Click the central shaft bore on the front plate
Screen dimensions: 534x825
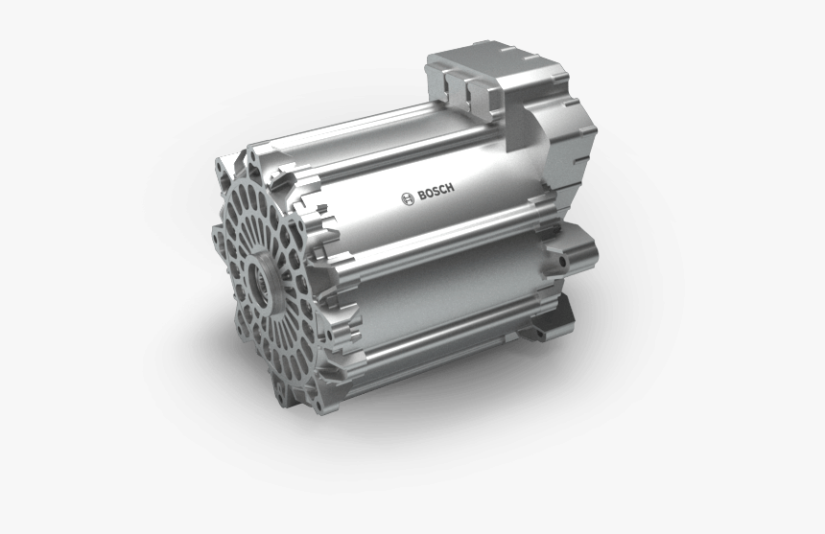[262, 281]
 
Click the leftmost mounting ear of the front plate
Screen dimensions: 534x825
[218, 230]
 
